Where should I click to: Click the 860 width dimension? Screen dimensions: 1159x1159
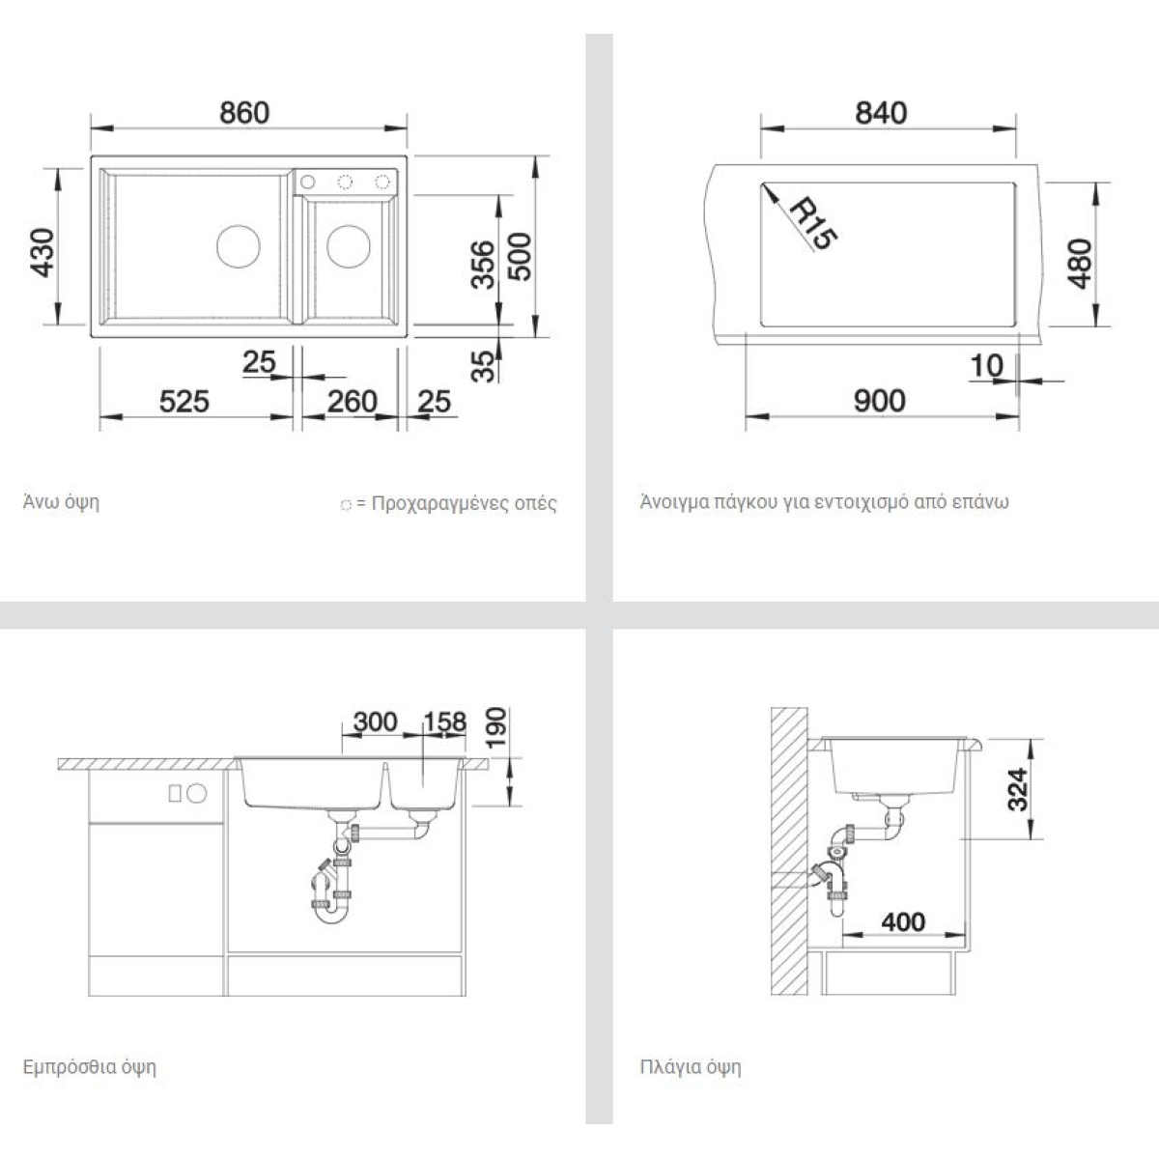244,113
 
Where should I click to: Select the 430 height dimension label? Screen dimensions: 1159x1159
42,253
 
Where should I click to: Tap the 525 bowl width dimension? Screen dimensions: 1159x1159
184,401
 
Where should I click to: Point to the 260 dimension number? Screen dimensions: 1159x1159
352,401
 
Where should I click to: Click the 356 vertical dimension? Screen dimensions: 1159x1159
482,265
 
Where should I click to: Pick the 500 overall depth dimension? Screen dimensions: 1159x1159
521,257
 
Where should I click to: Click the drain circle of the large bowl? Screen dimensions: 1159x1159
239,246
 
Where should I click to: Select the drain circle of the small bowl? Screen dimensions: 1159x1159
349,246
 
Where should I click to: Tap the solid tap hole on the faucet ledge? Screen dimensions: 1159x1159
308,181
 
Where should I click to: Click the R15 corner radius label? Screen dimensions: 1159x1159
812,224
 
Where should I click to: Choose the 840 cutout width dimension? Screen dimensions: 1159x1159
881,113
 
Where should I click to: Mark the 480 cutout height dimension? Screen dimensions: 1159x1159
1080,264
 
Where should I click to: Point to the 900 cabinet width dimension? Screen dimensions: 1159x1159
879,401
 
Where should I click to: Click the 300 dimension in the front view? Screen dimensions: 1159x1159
376,721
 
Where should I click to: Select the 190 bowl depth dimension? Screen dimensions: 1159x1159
496,728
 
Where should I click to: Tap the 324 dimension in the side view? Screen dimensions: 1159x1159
1018,790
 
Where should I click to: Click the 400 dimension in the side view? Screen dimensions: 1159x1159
903,922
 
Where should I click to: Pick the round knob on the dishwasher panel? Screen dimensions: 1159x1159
197,793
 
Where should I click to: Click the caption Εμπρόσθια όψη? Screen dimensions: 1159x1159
90,1067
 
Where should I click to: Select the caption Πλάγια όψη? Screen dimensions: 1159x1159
691,1067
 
